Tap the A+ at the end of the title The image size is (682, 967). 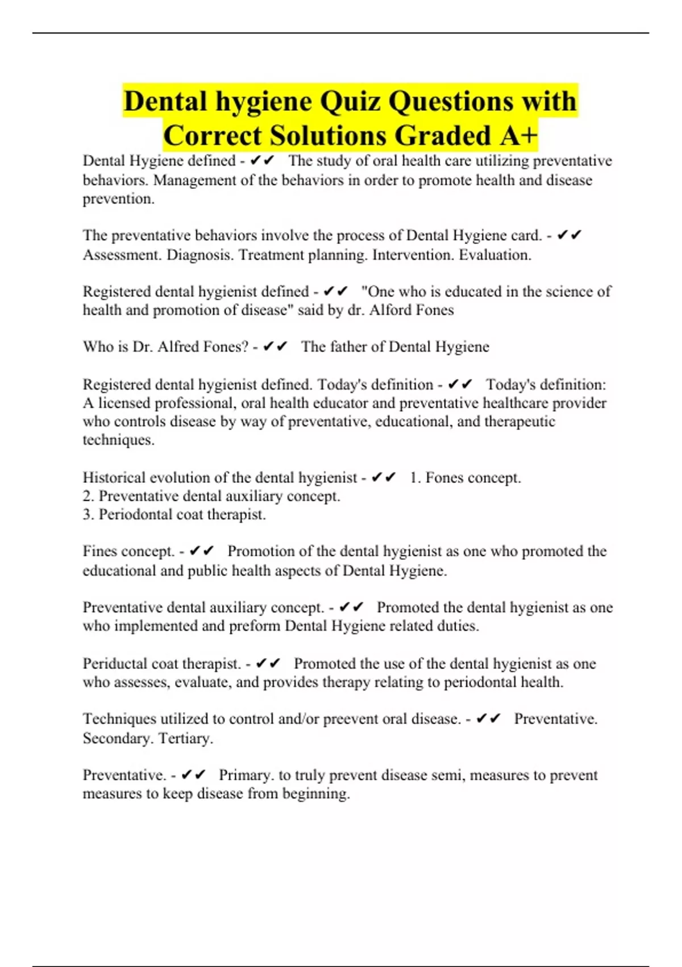(x=519, y=136)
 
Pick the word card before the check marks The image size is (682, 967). (x=526, y=235)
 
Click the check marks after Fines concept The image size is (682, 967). (x=201, y=551)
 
